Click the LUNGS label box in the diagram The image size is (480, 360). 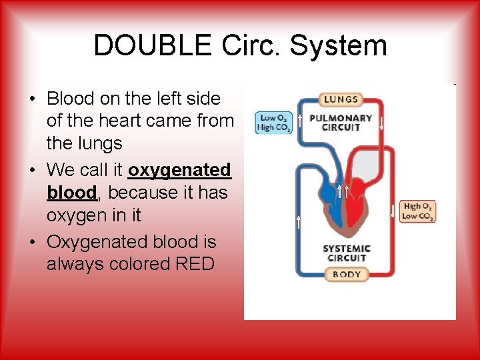pos(341,99)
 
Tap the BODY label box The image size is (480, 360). pos(346,274)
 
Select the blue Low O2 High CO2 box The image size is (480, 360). pos(274,123)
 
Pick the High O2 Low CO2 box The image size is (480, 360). pos(418,212)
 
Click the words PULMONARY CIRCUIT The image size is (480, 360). pos(341,123)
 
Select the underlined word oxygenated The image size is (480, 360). pos(179,170)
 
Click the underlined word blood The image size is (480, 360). pos(71,193)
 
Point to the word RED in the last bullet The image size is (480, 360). pos(195,264)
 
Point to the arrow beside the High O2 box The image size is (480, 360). pos(393,212)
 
